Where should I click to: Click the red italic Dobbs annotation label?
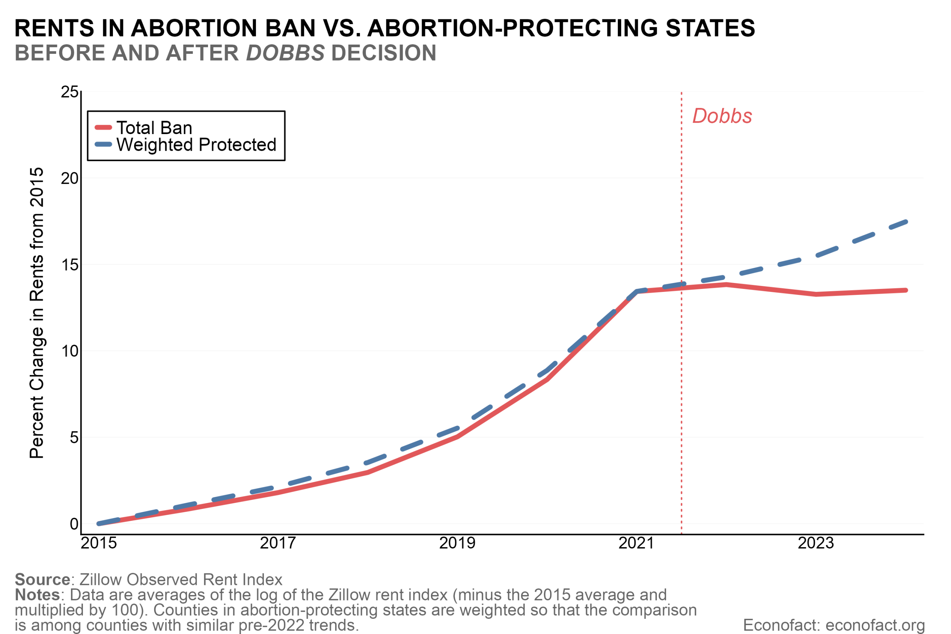tap(722, 117)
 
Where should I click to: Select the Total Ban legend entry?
tap(154, 128)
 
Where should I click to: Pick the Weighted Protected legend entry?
tap(196, 145)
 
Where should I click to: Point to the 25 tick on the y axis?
tap(69, 92)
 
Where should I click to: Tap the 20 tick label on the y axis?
tap(69, 178)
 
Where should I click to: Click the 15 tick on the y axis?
tap(69, 265)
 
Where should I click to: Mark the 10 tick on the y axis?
tap(69, 351)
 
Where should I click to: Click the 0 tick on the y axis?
tap(74, 524)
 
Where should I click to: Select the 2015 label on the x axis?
tap(99, 543)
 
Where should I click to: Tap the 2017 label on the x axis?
tap(278, 543)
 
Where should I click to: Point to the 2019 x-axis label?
tap(457, 543)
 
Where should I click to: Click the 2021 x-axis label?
tap(636, 543)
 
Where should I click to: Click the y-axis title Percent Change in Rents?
tap(37, 313)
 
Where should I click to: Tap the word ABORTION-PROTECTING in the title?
tap(513, 28)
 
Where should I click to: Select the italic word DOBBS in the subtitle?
tap(285, 53)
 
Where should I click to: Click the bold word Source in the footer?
tap(42, 579)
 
